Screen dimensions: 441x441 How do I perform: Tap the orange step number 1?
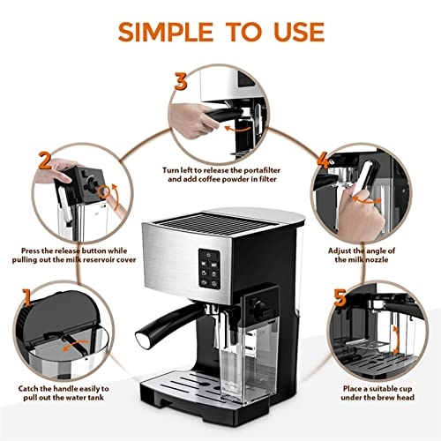point(29,295)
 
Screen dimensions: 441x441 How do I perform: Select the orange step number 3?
point(181,82)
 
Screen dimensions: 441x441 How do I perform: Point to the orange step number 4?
point(325,161)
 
